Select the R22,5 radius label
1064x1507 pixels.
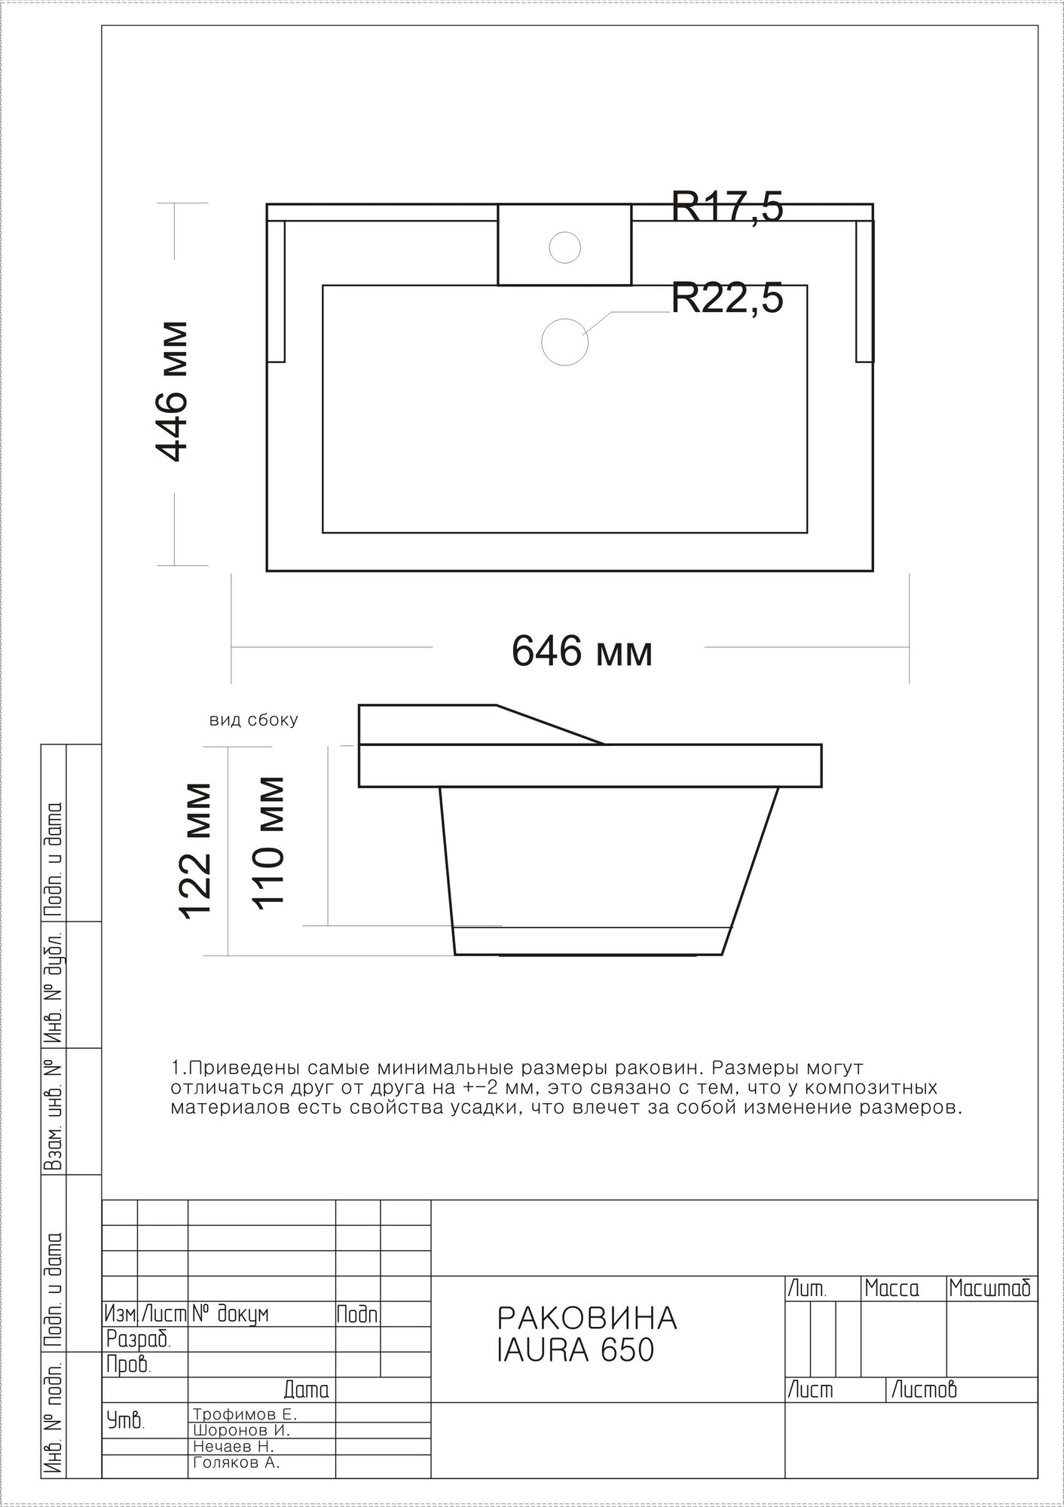tap(727, 298)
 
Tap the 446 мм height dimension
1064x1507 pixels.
tap(171, 391)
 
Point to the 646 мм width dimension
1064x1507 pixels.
tap(582, 650)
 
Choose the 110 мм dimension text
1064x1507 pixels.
tap(268, 842)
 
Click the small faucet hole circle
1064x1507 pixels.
tap(564, 246)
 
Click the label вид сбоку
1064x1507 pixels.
tap(253, 720)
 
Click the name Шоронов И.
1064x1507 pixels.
tap(241, 1430)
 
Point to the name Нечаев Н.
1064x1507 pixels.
tap(234, 1447)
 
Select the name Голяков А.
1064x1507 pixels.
tap(237, 1463)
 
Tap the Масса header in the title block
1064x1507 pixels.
tap(892, 1288)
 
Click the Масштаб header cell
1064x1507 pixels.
tap(989, 1288)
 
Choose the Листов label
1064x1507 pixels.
tap(924, 1389)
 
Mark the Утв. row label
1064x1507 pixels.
tap(125, 1421)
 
